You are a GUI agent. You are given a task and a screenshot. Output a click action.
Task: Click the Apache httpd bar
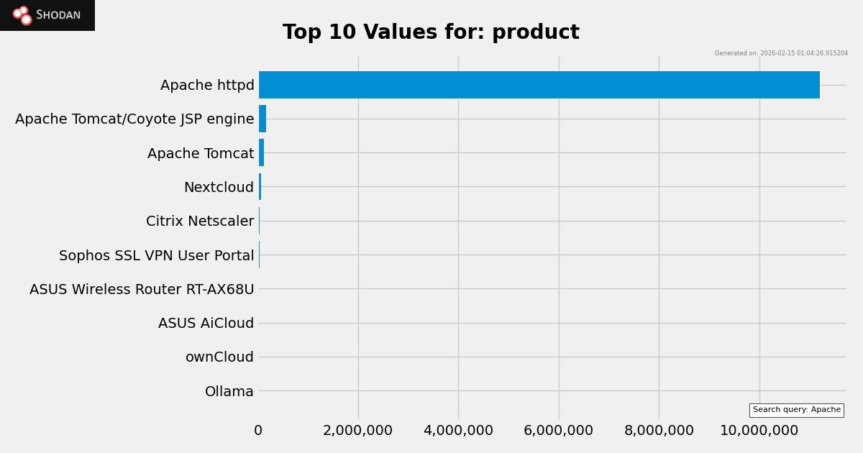point(539,85)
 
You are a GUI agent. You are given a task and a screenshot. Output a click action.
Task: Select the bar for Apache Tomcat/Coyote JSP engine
point(262,119)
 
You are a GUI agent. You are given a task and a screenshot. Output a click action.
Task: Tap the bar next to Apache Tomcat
point(261,152)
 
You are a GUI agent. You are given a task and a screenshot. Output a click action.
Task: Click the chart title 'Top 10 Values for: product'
point(431,32)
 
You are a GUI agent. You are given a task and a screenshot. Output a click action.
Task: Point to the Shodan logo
point(47,15)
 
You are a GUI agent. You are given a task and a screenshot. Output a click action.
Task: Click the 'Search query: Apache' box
point(796,410)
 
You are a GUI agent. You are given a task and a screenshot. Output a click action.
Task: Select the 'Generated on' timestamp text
point(781,53)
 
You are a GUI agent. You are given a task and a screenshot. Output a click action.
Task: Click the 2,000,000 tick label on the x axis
point(357,431)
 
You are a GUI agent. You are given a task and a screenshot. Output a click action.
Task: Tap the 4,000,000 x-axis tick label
point(458,431)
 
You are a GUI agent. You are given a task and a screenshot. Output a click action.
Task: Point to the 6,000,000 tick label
point(558,431)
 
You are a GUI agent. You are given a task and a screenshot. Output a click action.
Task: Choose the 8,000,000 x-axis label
point(659,431)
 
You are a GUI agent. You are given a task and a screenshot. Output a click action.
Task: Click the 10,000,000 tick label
point(759,431)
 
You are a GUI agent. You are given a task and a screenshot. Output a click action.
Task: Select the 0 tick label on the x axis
point(258,431)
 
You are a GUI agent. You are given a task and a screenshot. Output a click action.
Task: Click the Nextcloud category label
point(219,188)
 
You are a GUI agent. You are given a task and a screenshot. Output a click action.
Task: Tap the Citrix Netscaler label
point(200,221)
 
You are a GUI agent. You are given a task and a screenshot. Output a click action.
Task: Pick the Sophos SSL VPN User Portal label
point(156,256)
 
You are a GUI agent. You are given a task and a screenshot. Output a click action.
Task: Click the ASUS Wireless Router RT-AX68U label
point(142,290)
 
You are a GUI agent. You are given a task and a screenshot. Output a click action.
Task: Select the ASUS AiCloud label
point(206,324)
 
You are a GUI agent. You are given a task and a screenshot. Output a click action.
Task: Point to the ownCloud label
point(219,357)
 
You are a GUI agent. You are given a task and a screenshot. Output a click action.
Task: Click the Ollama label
point(229,392)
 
